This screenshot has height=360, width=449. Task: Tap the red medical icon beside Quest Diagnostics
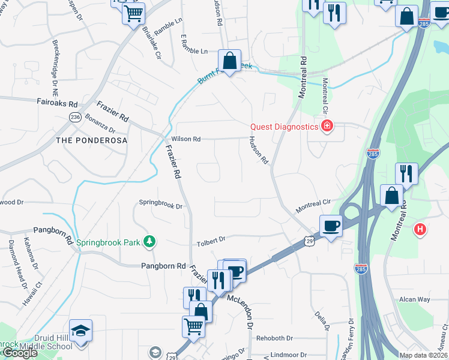(327, 126)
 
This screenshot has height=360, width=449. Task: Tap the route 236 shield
(75, 117)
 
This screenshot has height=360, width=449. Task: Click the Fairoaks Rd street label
(57, 103)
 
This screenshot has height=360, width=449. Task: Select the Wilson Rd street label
(185, 139)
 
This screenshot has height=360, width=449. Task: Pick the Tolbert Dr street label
(211, 240)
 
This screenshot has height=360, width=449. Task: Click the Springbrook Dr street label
(160, 204)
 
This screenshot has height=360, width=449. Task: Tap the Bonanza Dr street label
(100, 123)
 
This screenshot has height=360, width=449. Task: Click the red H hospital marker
(421, 229)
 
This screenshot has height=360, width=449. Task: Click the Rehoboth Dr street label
(274, 338)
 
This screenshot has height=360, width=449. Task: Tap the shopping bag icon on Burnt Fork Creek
(229, 61)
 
